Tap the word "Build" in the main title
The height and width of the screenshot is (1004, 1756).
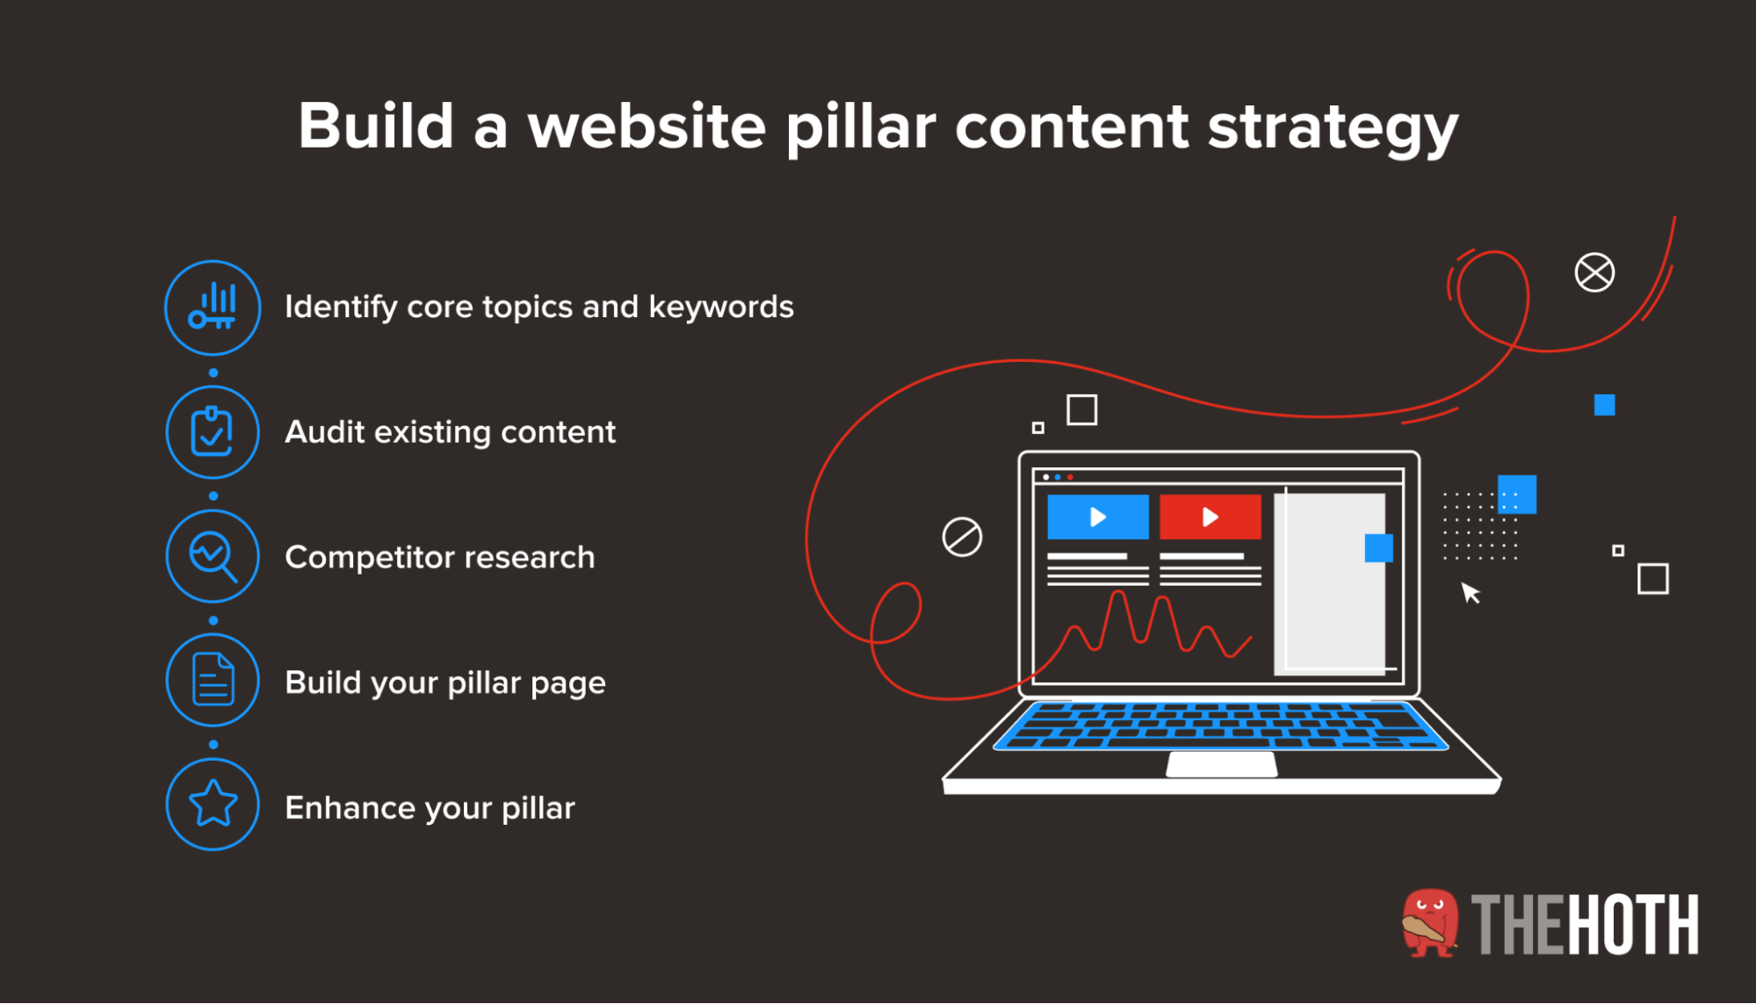(375, 126)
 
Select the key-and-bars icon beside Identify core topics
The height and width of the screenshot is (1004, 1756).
(213, 307)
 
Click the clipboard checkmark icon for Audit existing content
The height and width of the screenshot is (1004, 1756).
(213, 432)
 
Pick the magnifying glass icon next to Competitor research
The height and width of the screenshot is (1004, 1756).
(213, 556)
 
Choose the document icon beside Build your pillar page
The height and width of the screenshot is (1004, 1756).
(213, 680)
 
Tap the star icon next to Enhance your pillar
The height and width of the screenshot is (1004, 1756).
(213, 805)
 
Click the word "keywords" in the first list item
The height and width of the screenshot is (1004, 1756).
(721, 307)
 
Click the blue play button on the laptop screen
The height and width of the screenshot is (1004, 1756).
(1098, 516)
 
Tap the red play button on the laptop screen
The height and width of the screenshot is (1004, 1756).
(1210, 516)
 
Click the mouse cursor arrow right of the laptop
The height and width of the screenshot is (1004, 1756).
(1471, 593)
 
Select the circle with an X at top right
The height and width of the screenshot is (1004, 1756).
(1594, 272)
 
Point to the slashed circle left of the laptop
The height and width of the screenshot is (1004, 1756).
(962, 537)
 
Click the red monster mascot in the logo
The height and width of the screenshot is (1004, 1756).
(1430, 923)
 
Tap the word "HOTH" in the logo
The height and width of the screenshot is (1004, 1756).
(1633, 924)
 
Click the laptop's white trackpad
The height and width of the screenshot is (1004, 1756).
(1222, 764)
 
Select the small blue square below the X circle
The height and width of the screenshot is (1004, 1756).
(1605, 405)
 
